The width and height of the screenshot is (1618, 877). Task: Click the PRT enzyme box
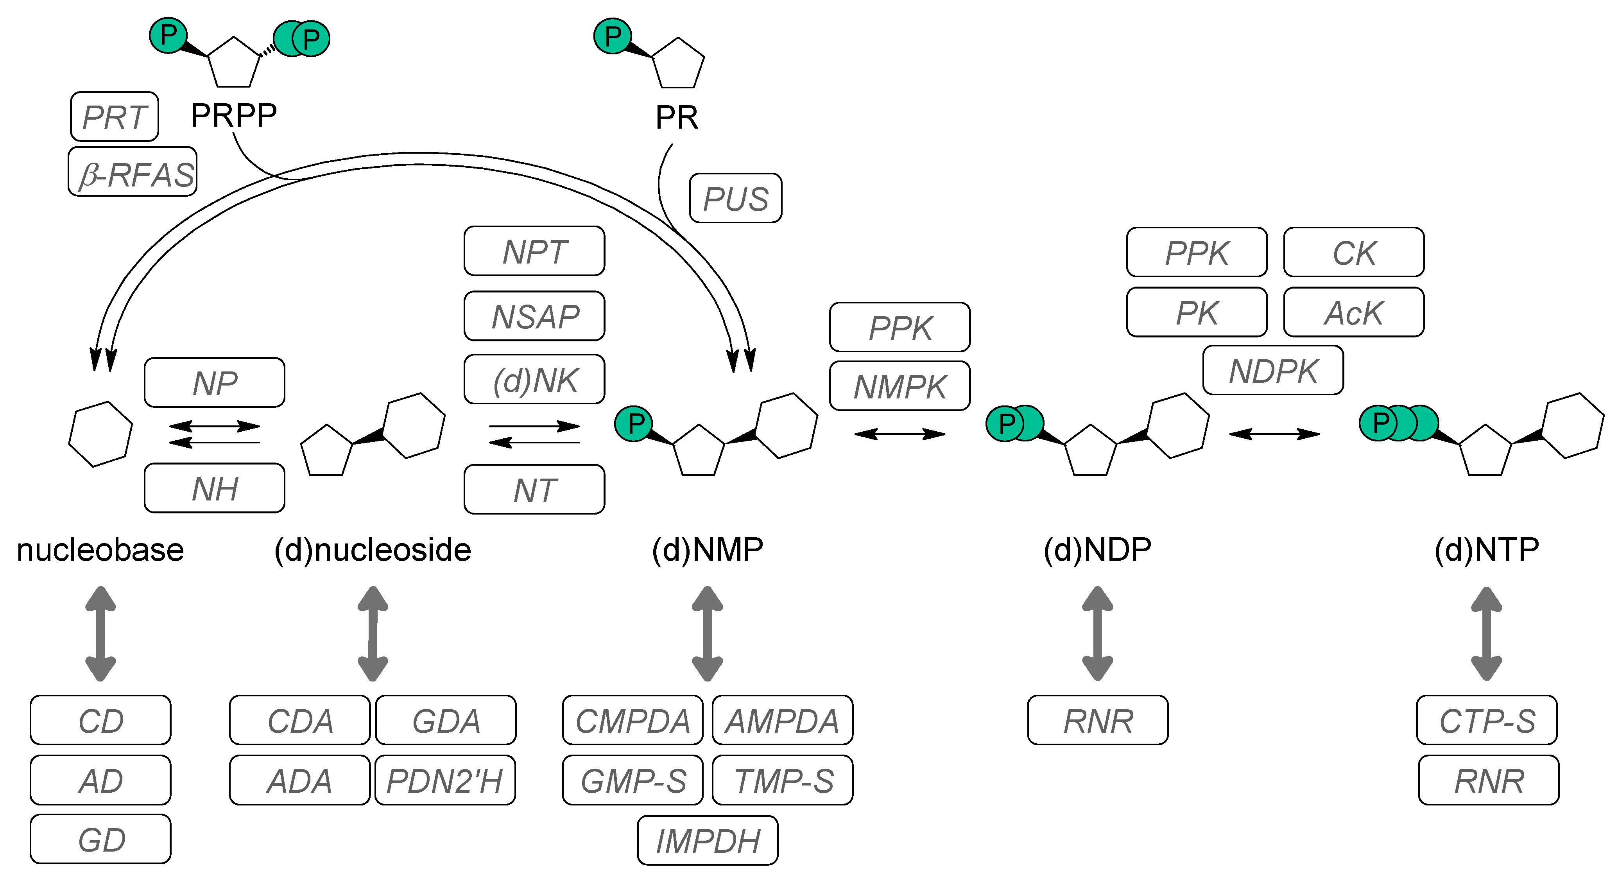click(x=114, y=117)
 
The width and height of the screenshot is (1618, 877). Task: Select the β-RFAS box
click(x=133, y=172)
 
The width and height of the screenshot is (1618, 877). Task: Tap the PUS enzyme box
click(x=736, y=199)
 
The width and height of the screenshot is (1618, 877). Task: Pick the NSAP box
click(x=534, y=316)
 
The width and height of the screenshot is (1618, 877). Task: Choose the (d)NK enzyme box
click(x=534, y=379)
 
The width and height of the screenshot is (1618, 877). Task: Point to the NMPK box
click(x=899, y=386)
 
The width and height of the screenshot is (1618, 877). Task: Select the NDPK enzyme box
click(x=1273, y=371)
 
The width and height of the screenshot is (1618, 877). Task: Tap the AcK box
click(x=1354, y=312)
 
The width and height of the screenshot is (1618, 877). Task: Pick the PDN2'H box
click(x=445, y=780)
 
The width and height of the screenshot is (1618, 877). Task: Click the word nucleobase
click(x=100, y=550)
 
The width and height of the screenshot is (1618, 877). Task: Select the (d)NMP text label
click(x=707, y=550)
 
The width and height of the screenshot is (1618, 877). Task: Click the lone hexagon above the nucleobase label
click(x=100, y=434)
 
